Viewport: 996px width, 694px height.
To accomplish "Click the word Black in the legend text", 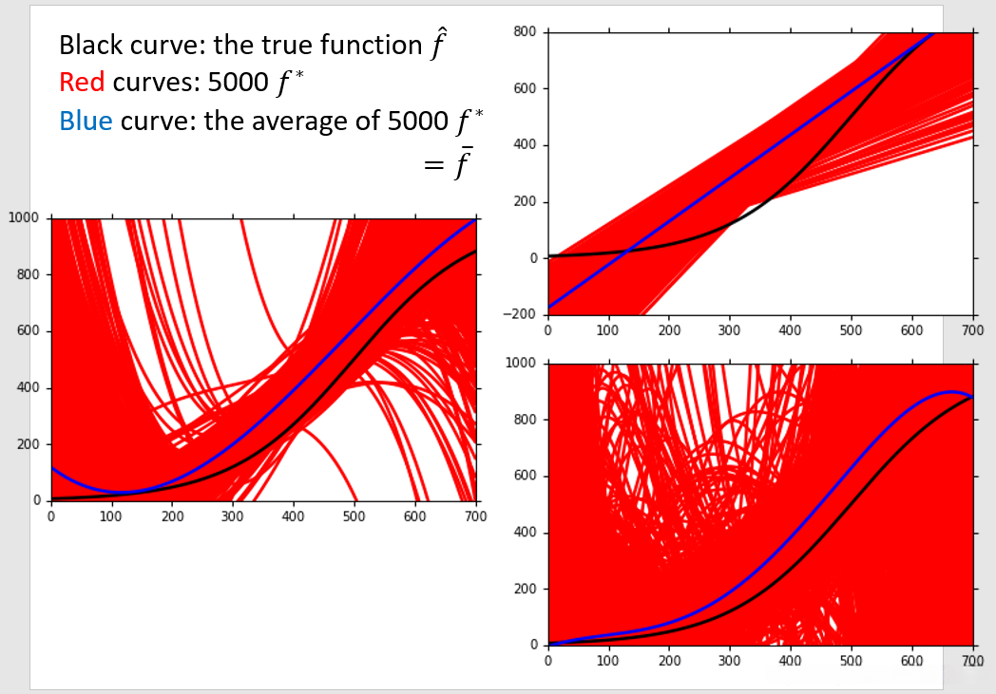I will (86, 45).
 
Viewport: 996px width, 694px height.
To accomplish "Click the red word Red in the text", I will (82, 83).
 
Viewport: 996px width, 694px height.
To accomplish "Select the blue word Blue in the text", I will (84, 121).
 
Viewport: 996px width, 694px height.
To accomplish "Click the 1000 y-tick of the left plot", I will (23, 218).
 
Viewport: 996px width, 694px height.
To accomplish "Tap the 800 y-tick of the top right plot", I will (526, 32).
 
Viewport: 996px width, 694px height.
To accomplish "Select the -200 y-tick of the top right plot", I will (521, 314).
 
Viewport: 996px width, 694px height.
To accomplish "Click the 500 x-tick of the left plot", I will (354, 516).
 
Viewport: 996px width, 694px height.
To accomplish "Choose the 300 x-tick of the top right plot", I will (729, 330).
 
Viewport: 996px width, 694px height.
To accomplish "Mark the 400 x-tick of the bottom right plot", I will (790, 661).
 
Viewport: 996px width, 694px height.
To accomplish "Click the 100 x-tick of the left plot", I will (111, 516).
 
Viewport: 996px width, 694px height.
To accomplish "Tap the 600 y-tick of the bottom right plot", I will (526, 476).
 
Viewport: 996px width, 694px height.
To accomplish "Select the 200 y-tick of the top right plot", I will (526, 202).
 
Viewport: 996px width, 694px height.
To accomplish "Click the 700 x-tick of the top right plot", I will (972, 330).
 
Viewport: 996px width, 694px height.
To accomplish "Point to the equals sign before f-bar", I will (432, 165).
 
